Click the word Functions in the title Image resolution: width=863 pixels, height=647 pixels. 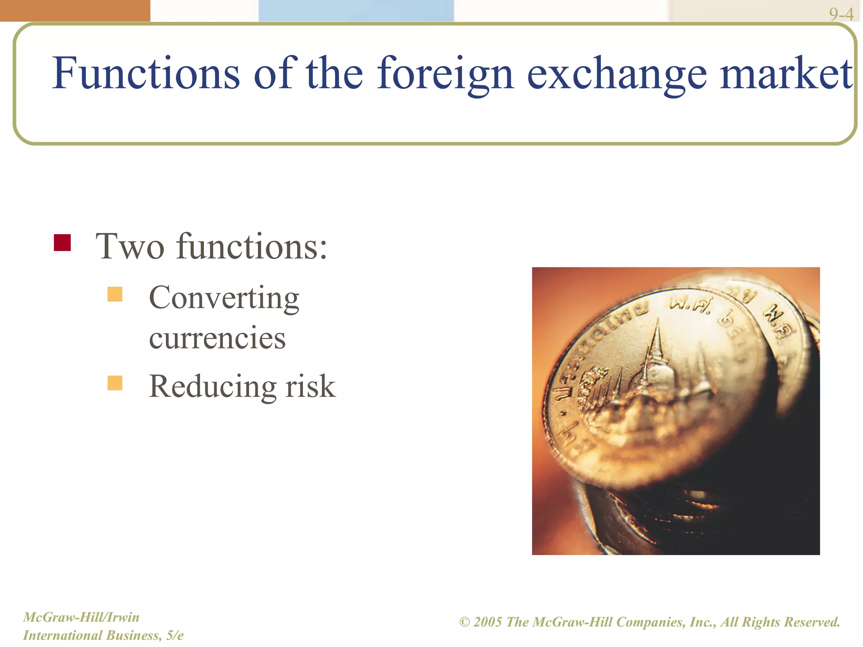[x=146, y=73]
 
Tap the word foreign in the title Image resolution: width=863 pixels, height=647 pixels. [x=445, y=74]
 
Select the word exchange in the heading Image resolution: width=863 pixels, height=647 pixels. [x=617, y=74]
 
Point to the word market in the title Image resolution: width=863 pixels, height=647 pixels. [x=786, y=73]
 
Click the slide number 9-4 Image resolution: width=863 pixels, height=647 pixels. [x=841, y=14]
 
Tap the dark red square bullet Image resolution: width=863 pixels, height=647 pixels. [x=62, y=243]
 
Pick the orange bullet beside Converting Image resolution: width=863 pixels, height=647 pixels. [x=115, y=294]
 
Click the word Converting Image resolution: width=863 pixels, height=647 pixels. [x=224, y=298]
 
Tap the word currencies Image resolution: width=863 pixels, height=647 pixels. [x=217, y=338]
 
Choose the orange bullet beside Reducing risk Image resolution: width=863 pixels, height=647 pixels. [x=115, y=383]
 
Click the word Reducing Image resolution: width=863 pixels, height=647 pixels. [x=213, y=386]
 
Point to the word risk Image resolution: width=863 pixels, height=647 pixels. [x=311, y=386]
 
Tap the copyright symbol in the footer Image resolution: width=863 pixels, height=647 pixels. [x=464, y=622]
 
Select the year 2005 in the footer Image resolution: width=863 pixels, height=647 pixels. [x=488, y=622]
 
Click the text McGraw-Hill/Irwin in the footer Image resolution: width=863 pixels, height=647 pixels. [x=81, y=617]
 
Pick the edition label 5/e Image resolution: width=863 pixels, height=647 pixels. [x=174, y=635]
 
